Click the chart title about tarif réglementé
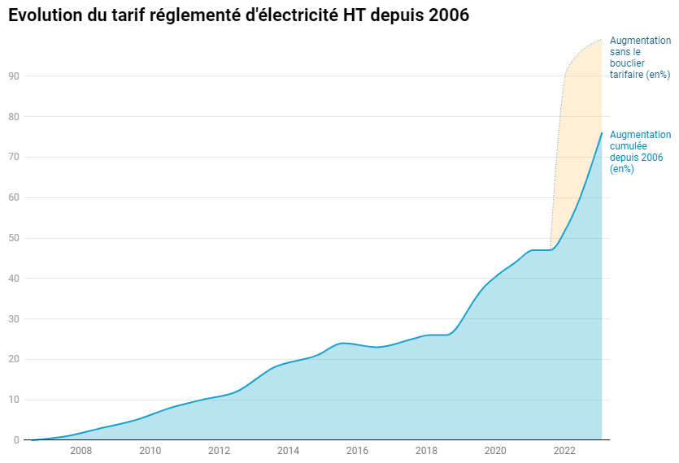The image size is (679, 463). click(x=238, y=15)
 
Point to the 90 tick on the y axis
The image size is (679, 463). click(x=14, y=76)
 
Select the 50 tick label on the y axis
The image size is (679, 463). click(x=14, y=238)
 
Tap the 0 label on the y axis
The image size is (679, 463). click(x=16, y=440)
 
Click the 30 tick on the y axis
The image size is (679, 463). click(x=14, y=319)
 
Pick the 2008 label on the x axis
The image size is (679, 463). click(x=81, y=451)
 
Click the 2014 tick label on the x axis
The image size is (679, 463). click(x=289, y=451)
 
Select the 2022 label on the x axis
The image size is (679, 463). click(x=564, y=451)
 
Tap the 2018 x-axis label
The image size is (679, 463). click(x=426, y=451)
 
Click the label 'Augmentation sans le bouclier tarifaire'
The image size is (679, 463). click(x=640, y=58)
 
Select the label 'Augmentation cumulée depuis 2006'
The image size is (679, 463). click(x=640, y=152)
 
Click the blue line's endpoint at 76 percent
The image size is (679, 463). click(x=602, y=132)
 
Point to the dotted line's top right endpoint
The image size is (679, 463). click(x=602, y=39)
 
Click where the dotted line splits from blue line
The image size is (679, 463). click(x=551, y=249)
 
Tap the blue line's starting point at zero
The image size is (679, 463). click(x=32, y=439)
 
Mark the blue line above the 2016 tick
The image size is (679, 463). click(x=358, y=345)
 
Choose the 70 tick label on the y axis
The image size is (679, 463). click(x=14, y=158)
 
